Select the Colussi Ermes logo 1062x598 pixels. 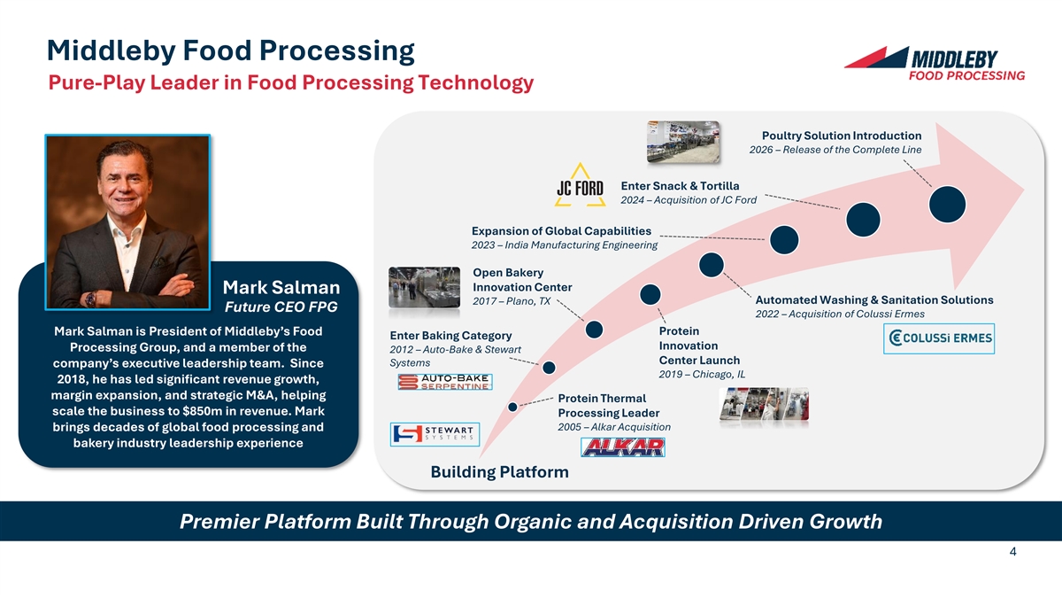click(939, 338)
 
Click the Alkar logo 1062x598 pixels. click(622, 446)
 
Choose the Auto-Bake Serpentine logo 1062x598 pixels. click(444, 381)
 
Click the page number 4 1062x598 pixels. click(1012, 552)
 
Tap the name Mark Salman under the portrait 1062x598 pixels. click(281, 287)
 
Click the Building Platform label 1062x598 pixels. click(499, 472)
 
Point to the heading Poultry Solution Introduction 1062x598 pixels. click(841, 136)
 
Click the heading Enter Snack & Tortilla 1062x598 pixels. click(680, 185)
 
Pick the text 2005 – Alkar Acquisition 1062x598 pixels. click(614, 427)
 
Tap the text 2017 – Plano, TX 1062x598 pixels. click(512, 301)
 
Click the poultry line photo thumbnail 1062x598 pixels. click(682, 142)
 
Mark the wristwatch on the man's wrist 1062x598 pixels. click(90, 299)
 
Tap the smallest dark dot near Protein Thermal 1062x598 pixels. click(513, 407)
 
